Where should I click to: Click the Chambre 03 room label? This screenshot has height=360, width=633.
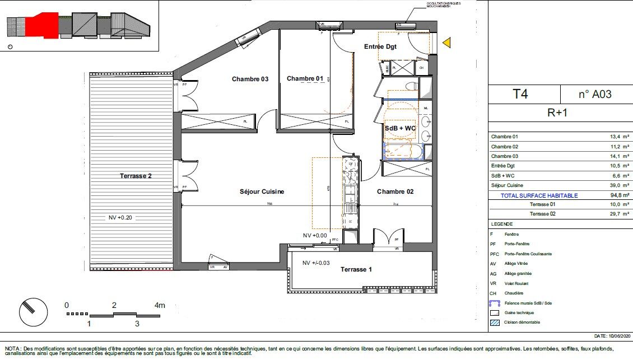click(x=250, y=79)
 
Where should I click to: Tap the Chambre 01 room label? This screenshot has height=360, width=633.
click(x=305, y=78)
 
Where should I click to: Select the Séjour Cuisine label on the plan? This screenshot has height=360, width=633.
click(x=262, y=191)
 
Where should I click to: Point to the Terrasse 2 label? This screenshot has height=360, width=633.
click(x=136, y=176)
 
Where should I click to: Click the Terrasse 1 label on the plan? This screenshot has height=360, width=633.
click(x=356, y=270)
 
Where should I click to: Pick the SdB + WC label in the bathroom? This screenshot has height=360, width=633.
click(x=400, y=128)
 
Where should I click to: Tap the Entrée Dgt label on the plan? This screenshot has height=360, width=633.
click(x=380, y=46)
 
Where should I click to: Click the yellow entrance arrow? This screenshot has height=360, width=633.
click(x=446, y=43)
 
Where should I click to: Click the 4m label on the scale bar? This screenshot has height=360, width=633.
click(x=160, y=306)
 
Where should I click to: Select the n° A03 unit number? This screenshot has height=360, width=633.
click(x=594, y=94)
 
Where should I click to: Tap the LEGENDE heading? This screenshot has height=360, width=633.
click(x=502, y=223)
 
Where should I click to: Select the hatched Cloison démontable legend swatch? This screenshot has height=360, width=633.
click(x=494, y=322)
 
